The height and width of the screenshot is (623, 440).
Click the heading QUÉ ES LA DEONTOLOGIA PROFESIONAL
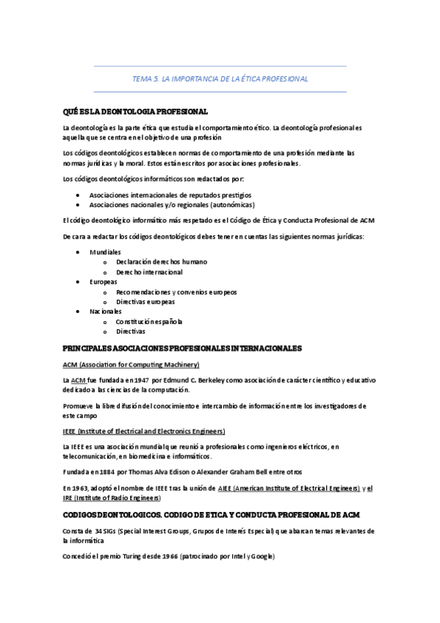coord(136,111)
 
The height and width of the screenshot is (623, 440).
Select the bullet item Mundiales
coord(105,251)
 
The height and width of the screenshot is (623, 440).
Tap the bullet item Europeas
coord(103,281)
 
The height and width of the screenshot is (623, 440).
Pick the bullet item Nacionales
coord(105,311)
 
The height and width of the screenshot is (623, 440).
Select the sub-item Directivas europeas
coord(145,301)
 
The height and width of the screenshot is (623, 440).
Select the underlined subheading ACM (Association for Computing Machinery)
coord(131,364)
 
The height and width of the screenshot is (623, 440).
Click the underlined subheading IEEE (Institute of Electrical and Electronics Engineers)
coord(144,431)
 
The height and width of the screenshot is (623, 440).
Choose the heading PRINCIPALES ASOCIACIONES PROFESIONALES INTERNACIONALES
coord(182,347)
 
